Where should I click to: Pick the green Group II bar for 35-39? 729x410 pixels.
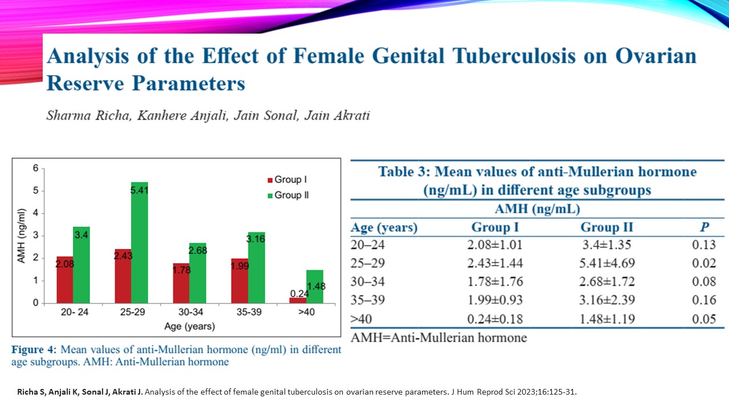[256, 267]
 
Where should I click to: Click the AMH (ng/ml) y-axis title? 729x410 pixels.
[22, 235]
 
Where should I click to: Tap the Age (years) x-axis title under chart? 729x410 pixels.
[189, 327]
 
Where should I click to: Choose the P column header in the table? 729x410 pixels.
[705, 228]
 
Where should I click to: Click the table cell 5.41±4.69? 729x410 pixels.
[607, 263]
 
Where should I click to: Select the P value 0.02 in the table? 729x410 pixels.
[705, 263]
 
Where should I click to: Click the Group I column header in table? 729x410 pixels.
[495, 228]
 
